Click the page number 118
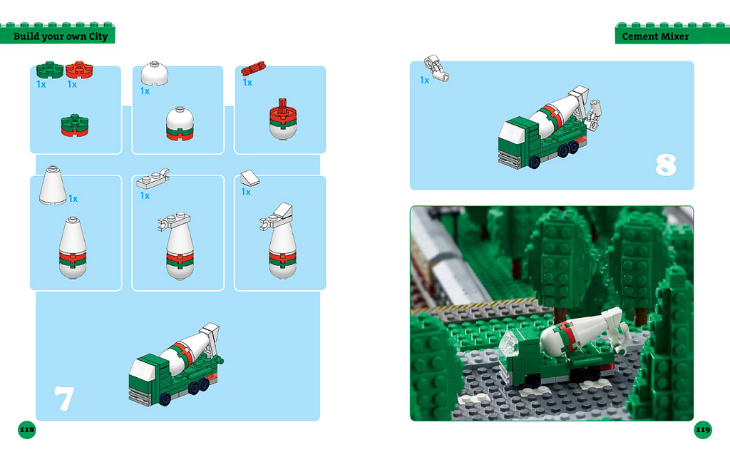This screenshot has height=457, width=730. click(27, 429)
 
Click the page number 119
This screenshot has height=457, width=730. click(702, 429)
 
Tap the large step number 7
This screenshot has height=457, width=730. click(63, 399)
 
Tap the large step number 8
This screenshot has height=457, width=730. click(666, 165)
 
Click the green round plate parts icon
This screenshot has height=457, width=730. click(49, 70)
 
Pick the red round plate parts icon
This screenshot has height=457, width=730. click(79, 70)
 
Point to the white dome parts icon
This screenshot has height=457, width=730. click(154, 73)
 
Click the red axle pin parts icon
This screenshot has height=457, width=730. click(253, 68)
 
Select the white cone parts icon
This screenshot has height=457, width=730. click(52, 185)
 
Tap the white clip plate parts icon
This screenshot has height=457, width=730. click(153, 178)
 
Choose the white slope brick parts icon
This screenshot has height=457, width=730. click(250, 178)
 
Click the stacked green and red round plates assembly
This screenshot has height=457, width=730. click(74, 125)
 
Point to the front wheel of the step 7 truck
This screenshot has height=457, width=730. click(165, 399)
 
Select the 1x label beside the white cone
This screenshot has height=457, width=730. click(73, 199)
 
